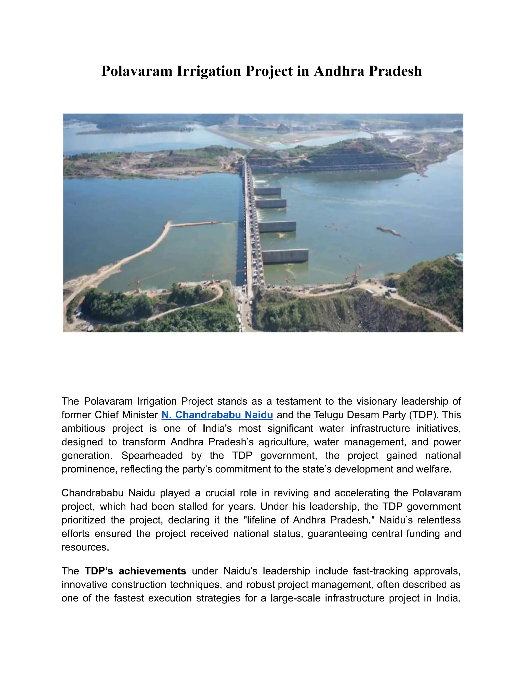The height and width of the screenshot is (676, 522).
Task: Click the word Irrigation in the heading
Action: pyautogui.click(x=209, y=71)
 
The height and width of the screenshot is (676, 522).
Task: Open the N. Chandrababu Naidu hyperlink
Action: pyautogui.click(x=217, y=415)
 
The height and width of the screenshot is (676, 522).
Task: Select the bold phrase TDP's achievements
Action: pyautogui.click(x=135, y=571)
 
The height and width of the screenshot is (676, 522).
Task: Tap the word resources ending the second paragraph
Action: pyautogui.click(x=85, y=547)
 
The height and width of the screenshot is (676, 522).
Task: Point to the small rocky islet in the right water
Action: pyautogui.click(x=389, y=231)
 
